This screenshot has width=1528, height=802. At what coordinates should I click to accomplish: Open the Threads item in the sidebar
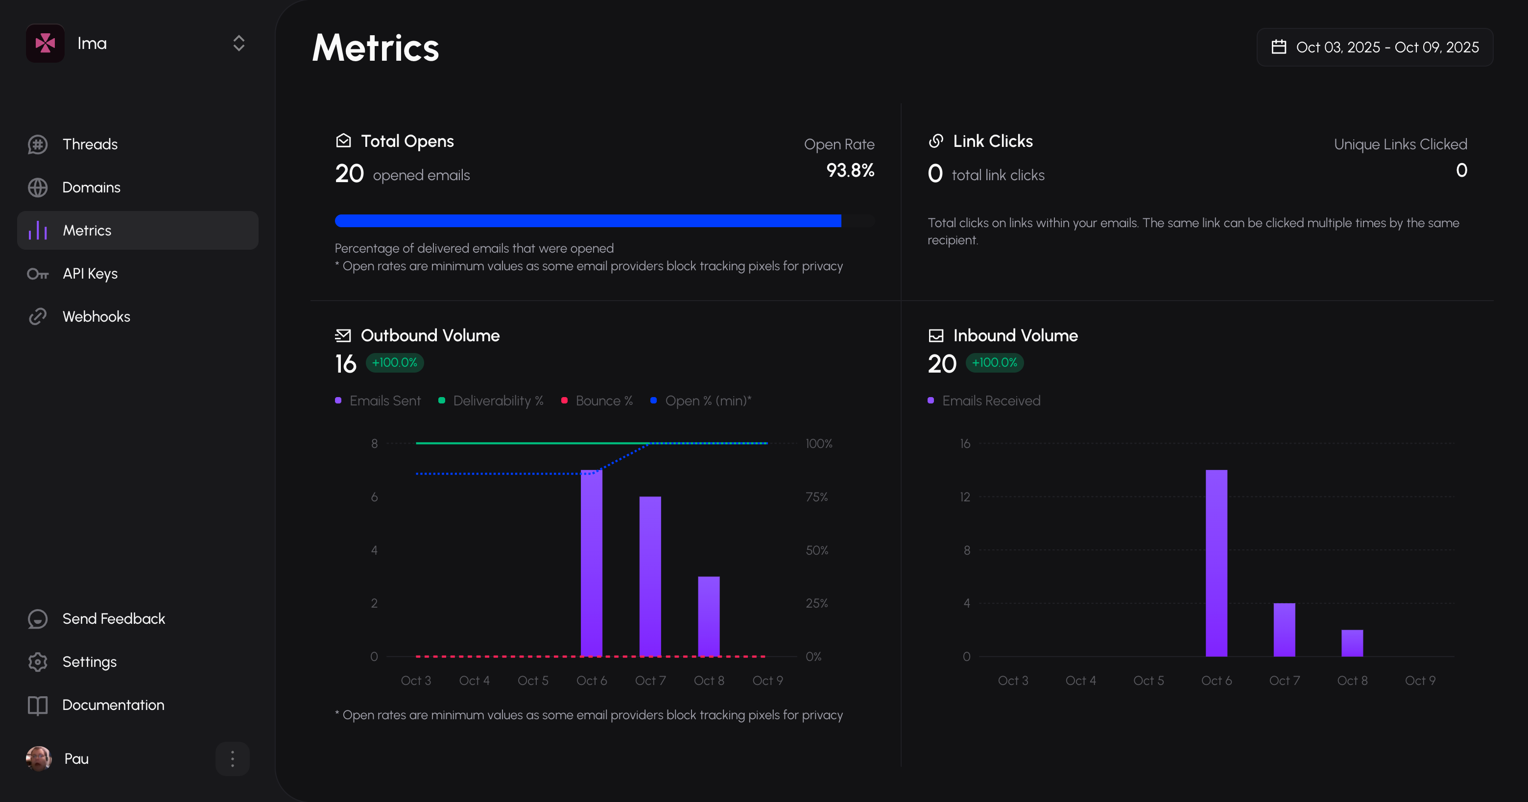[90, 144]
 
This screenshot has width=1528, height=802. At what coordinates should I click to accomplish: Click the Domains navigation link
[92, 188]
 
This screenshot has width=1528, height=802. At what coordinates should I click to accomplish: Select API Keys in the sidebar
[90, 274]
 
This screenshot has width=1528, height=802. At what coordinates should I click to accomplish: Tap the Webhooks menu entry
[96, 317]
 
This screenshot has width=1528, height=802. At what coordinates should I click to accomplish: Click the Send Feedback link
[113, 619]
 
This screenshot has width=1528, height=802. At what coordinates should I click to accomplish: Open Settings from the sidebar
[89, 662]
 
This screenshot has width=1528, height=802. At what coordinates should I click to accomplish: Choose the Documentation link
[113, 705]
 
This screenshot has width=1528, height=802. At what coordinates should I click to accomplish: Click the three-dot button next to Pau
[233, 759]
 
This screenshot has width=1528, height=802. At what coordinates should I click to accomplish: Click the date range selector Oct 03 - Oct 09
[1375, 47]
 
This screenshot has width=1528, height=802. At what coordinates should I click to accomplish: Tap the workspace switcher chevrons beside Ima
[239, 43]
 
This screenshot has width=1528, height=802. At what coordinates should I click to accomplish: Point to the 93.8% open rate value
[850, 171]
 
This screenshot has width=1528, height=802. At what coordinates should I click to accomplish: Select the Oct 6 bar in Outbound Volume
[592, 564]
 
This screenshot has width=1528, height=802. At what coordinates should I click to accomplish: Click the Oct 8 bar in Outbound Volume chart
[709, 617]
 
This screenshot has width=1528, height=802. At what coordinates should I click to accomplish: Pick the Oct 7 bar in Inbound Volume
[1284, 630]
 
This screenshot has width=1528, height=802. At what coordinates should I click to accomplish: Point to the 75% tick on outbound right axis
[816, 497]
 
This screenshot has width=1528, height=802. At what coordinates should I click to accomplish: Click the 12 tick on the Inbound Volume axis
[965, 497]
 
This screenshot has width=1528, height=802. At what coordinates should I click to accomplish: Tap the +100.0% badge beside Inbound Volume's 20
[994, 362]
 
